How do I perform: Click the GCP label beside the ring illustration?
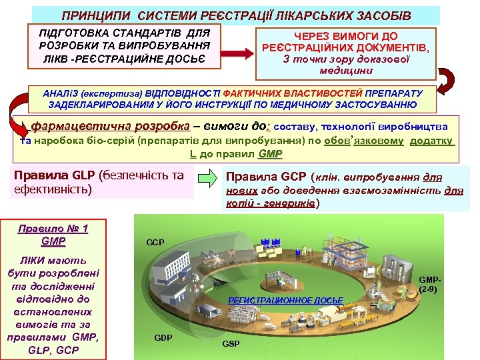(155, 242)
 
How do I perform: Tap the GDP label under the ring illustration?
(163, 337)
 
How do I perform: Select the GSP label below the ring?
(231, 343)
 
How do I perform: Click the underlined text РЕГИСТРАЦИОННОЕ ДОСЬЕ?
(285, 301)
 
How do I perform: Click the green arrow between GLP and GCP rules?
(209, 179)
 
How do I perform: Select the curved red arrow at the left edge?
(12, 110)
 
